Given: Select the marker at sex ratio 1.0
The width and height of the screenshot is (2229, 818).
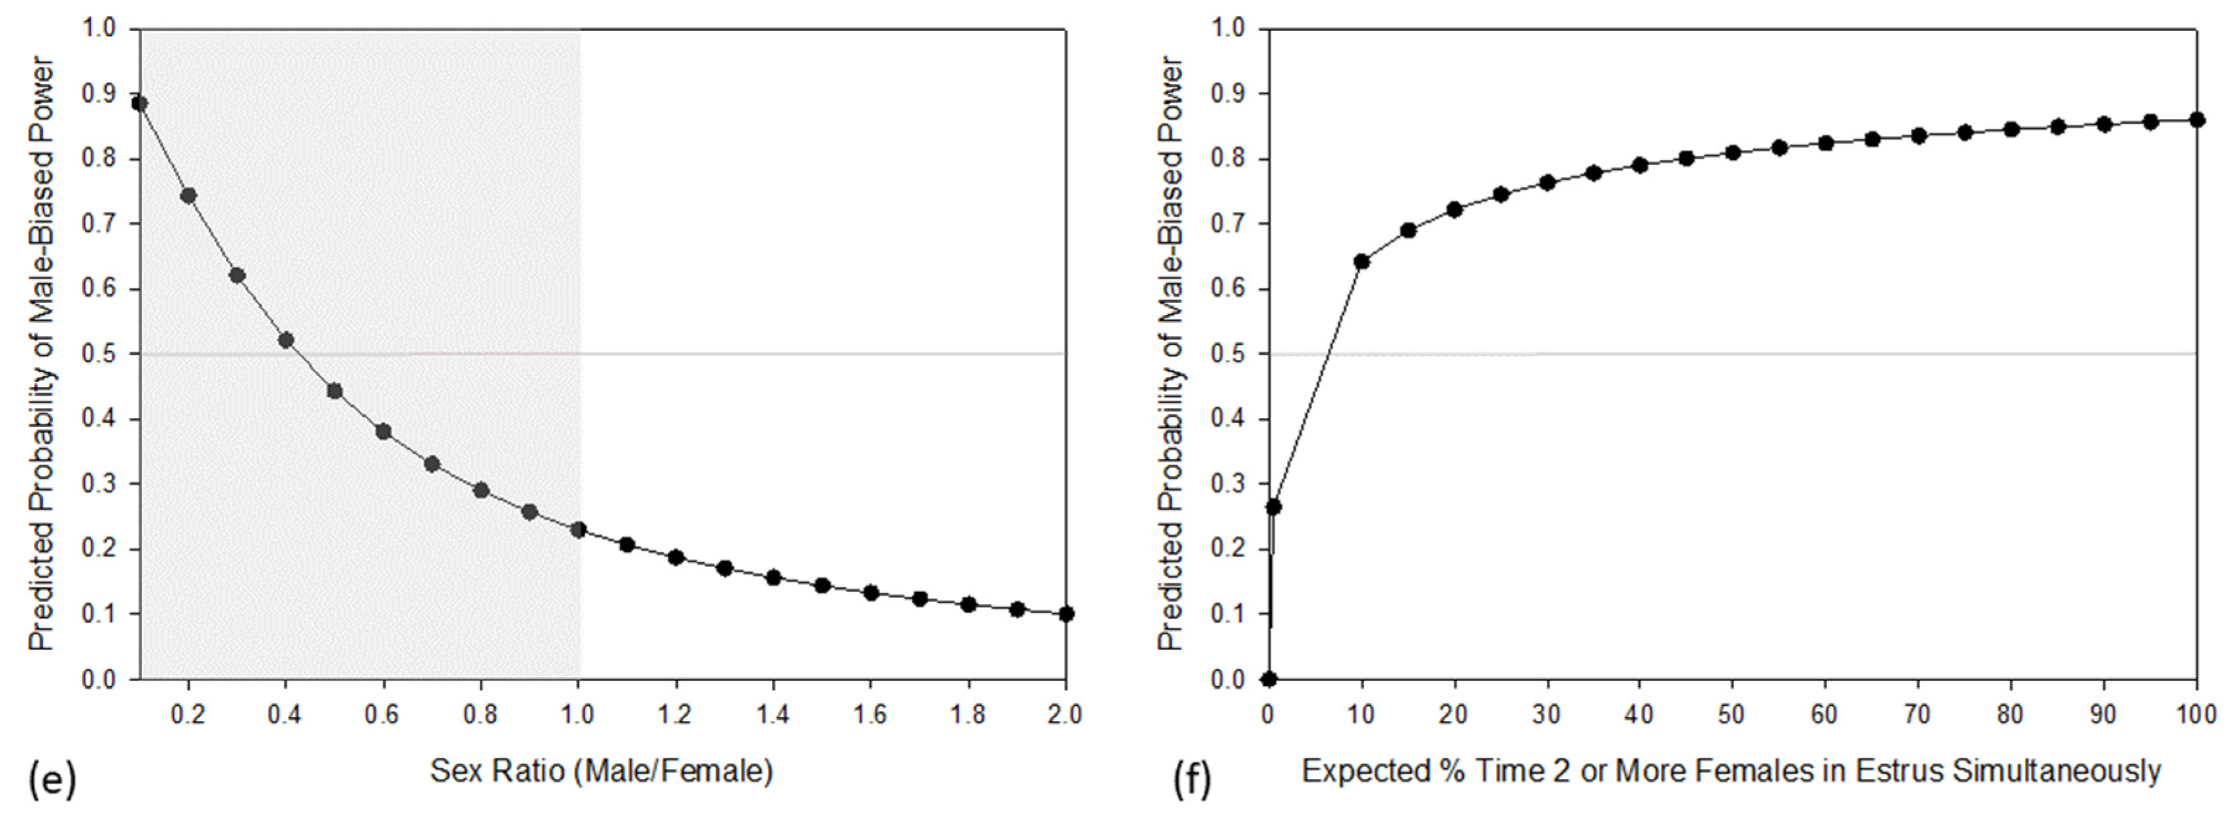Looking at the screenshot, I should tap(579, 529).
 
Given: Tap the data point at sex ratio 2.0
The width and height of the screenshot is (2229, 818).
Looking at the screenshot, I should tap(1066, 614).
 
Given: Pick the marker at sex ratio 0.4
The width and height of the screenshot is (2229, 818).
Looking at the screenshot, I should tap(285, 340).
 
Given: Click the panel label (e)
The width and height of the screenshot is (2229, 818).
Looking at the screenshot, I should tap(52, 780).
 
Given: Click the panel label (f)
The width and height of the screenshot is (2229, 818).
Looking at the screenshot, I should tap(1192, 780).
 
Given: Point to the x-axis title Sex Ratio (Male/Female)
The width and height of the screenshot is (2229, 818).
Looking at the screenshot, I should tap(602, 770).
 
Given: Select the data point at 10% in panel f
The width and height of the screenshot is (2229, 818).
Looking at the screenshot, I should tap(1361, 261).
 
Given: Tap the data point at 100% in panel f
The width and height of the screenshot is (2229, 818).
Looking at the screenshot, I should tap(2196, 120).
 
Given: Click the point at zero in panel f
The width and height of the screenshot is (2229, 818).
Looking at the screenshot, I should tap(1268, 679).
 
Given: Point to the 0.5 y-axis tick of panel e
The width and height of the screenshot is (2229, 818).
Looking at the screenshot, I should tap(98, 354).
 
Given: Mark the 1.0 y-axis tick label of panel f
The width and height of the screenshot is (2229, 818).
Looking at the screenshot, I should tap(1229, 28).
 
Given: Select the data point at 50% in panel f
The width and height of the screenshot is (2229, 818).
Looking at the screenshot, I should tap(1733, 152).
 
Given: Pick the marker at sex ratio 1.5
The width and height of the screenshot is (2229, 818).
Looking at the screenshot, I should tap(822, 586).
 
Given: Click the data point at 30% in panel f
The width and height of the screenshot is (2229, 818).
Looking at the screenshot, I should tap(1547, 183).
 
